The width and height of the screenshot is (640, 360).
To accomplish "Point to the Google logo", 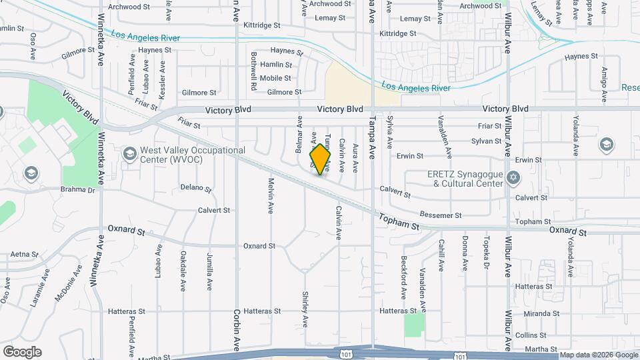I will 22,352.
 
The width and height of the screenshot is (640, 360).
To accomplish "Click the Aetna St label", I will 24,255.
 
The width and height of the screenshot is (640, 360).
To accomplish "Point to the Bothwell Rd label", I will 254,71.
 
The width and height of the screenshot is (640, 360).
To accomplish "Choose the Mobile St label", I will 275,78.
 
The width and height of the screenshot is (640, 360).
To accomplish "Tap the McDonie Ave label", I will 69,283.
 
